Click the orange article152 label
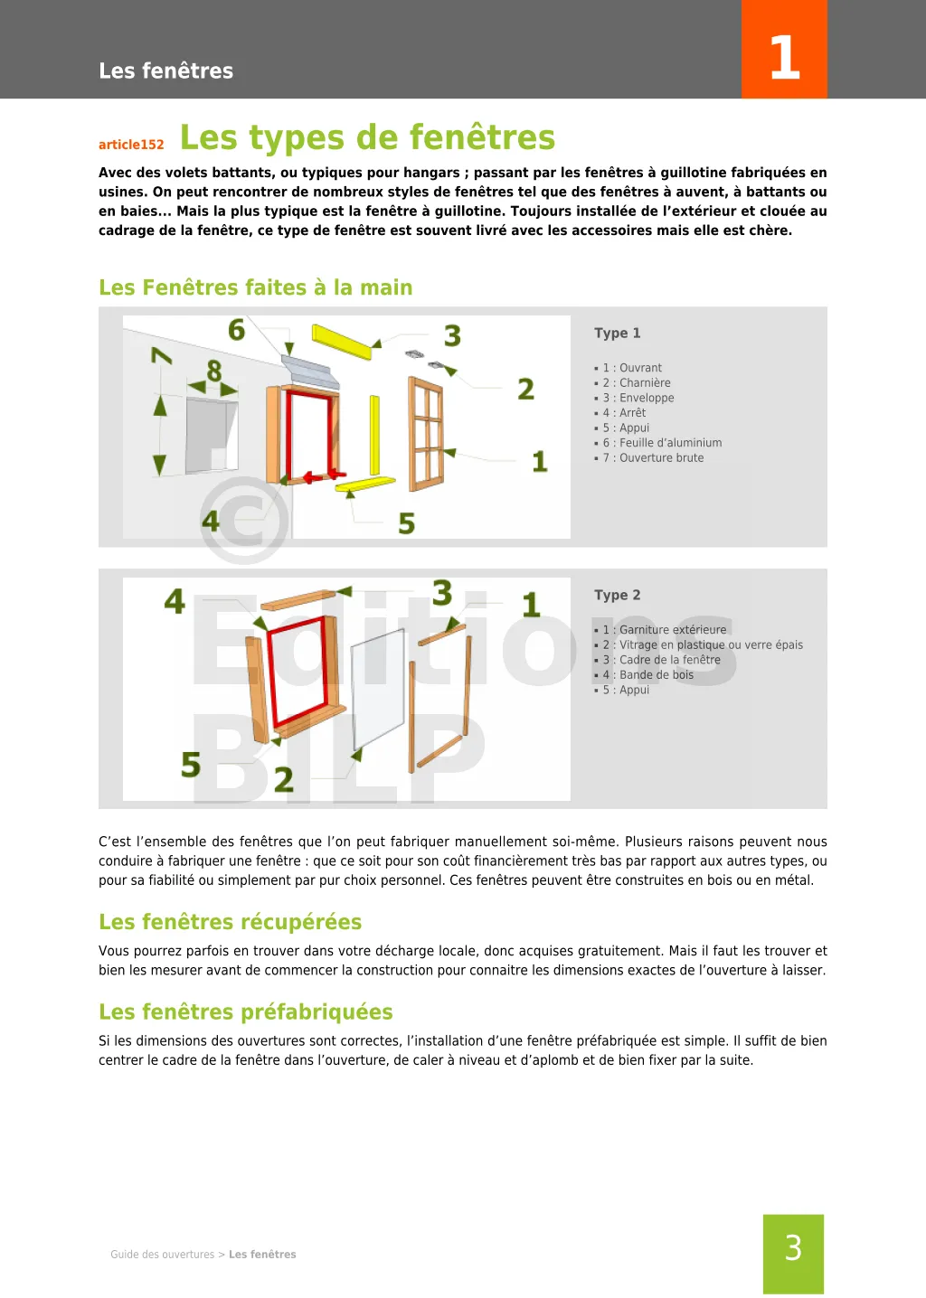coord(131,145)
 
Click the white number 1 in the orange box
coord(784,58)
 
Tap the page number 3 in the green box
coord(793,1248)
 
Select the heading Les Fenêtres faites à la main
coord(255,287)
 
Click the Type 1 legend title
coord(617,333)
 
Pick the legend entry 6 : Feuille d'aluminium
coord(662,443)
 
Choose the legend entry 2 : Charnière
coord(637,383)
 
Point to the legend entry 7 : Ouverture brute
coord(653,458)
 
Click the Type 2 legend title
coord(617,595)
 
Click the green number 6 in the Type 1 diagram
coord(237,330)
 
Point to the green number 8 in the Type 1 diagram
coord(214,371)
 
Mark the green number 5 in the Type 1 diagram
coord(407,523)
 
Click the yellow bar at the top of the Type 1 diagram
coord(342,341)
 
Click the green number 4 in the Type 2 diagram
coord(175,601)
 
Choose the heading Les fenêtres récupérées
coord(230,922)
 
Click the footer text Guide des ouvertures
coord(163,1255)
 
